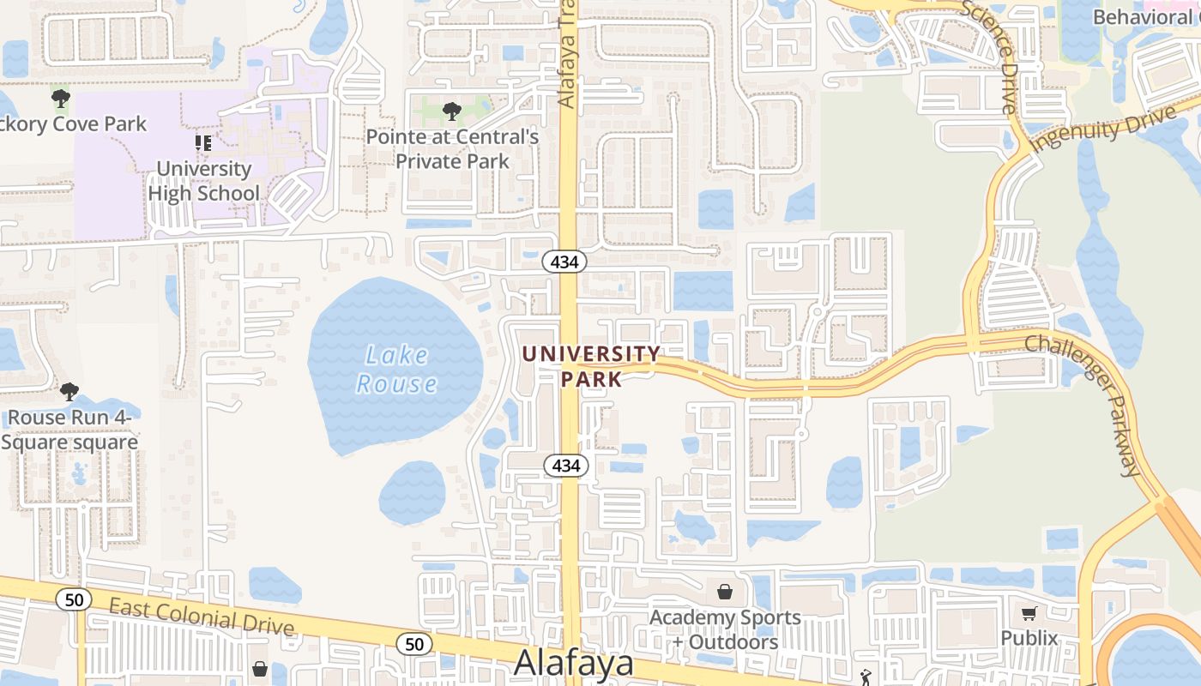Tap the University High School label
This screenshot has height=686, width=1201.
203,181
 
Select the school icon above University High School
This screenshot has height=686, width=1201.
203,142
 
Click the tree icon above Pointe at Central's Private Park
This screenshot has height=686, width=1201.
451,111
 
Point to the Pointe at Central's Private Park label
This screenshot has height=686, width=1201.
452,148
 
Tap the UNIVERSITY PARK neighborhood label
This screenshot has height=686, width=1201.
591,365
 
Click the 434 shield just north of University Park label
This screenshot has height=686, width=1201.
564,262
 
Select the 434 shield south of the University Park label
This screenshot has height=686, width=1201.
566,466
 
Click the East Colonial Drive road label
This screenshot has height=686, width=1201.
202,617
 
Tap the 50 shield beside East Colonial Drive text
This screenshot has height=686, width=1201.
74,599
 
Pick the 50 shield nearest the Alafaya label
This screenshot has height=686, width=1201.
414,644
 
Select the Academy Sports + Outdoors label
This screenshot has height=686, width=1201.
725,629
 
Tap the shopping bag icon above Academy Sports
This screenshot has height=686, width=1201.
725,592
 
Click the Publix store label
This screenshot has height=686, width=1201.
1029,638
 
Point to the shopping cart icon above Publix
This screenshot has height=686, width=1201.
1029,613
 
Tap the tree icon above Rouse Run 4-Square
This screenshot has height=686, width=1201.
69,392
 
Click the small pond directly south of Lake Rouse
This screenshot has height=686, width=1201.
412,493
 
